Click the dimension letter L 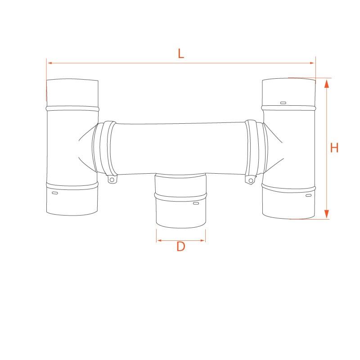click(180, 54)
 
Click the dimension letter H click(334, 148)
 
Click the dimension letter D click(180, 247)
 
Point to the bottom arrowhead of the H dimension click(327, 215)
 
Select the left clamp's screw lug click(111, 180)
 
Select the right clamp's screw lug click(249, 180)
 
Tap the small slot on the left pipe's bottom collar click(55, 193)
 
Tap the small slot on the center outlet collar click(195, 204)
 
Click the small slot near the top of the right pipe click(283, 103)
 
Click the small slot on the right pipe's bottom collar click(308, 196)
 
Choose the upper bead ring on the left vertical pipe click(72, 108)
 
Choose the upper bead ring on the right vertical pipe click(289, 108)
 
